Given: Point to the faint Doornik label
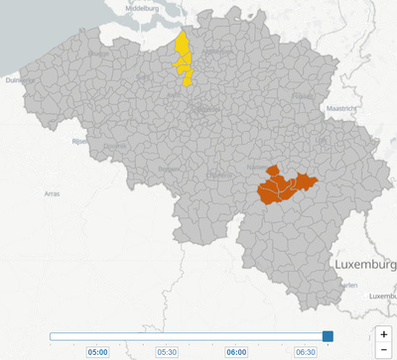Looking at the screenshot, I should click(115, 147).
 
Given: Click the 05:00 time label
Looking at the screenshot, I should click(98, 351).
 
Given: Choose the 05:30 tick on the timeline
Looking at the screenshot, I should click(167, 351).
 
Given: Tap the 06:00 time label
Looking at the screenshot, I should click(236, 351).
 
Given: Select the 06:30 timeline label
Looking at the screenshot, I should click(306, 351).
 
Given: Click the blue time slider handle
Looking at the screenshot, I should click(328, 337).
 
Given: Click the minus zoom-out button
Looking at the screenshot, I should click(384, 350).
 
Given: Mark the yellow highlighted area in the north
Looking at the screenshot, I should click(183, 61).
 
